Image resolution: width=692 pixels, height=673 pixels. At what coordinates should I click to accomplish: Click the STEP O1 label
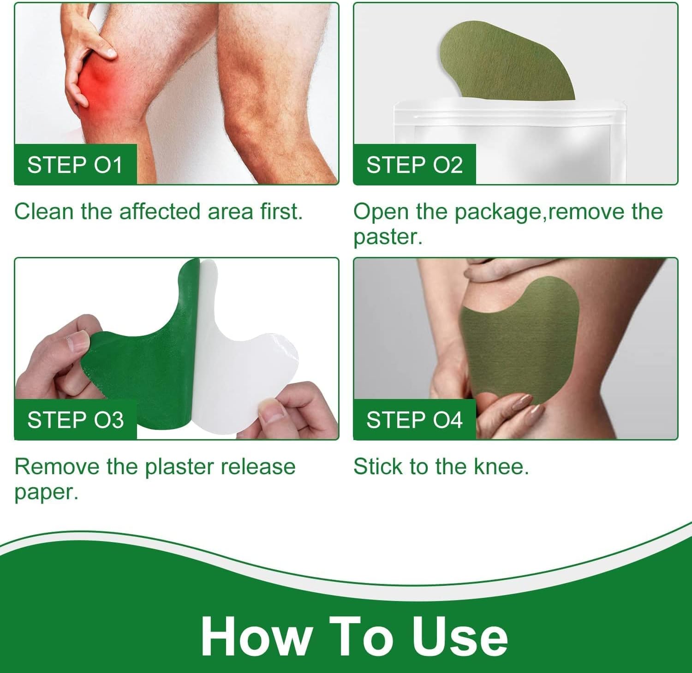[x=76, y=164]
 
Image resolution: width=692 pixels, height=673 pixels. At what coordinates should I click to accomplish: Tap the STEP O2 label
[x=414, y=164]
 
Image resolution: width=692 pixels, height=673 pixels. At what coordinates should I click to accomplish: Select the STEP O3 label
[x=76, y=419]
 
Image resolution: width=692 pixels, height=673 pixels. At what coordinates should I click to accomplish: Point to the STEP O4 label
[x=414, y=419]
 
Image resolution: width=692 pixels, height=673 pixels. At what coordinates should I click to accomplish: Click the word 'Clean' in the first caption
[x=44, y=212]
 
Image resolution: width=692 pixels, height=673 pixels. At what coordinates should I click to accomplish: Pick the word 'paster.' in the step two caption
[x=388, y=238]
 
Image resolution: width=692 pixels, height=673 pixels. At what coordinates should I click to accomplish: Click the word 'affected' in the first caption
[x=160, y=212]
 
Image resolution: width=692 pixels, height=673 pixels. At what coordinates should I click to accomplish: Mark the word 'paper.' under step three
[x=47, y=493]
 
